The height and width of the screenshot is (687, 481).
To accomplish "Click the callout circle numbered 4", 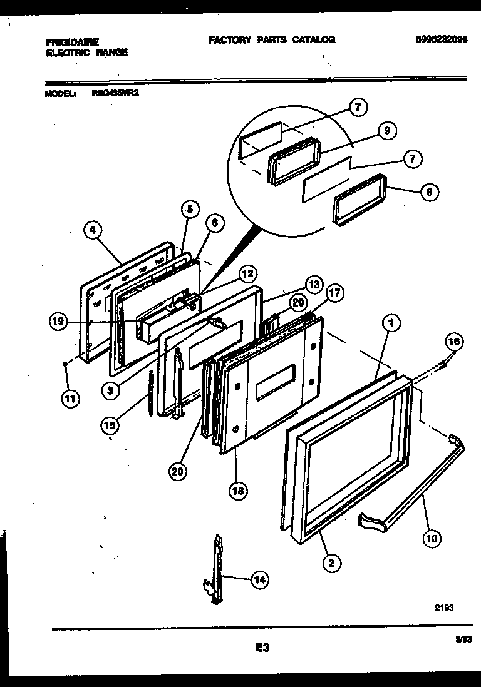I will tap(92, 230).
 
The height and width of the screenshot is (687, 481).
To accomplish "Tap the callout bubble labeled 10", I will tap(432, 537).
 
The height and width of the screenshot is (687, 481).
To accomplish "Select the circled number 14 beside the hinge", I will tap(259, 580).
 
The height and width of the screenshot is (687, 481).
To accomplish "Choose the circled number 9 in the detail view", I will tap(386, 131).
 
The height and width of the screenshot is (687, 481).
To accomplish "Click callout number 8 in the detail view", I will tap(428, 192).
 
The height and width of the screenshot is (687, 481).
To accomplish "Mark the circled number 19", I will tap(59, 322).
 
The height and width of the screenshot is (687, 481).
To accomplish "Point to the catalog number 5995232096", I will tap(441, 39).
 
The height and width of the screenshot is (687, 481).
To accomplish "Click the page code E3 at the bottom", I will tap(262, 648).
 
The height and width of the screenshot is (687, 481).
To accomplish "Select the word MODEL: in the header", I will tap(61, 94).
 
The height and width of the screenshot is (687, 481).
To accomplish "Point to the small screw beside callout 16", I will tap(443, 361).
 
